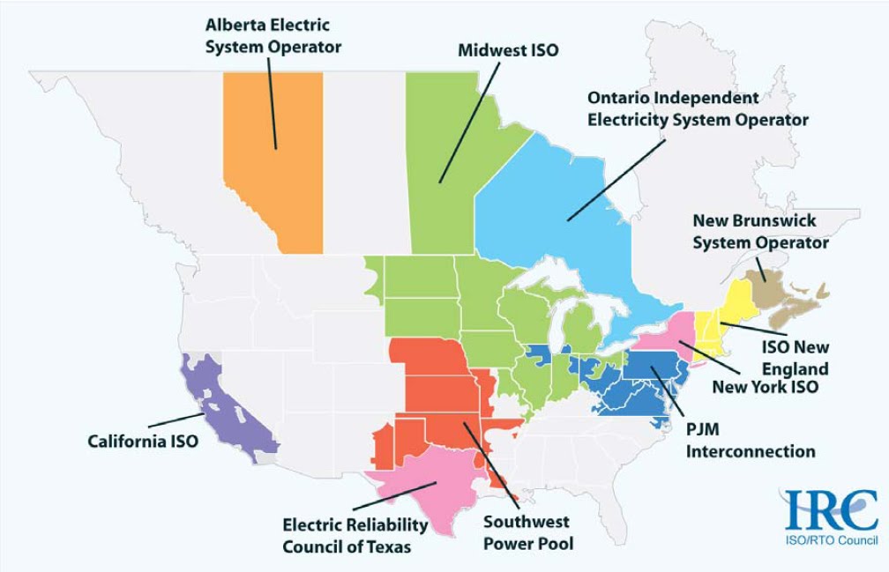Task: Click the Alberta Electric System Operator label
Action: click(x=273, y=35)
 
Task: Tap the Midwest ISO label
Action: click(x=508, y=50)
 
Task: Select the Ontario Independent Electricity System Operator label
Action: click(x=698, y=108)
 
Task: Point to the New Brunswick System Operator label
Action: click(x=760, y=231)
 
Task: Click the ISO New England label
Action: click(x=796, y=358)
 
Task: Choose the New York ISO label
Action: click(x=766, y=386)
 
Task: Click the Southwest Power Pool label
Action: click(x=527, y=532)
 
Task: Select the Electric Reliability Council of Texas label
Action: click(x=355, y=535)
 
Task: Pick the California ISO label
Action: click(x=143, y=441)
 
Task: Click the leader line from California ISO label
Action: click(x=176, y=420)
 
